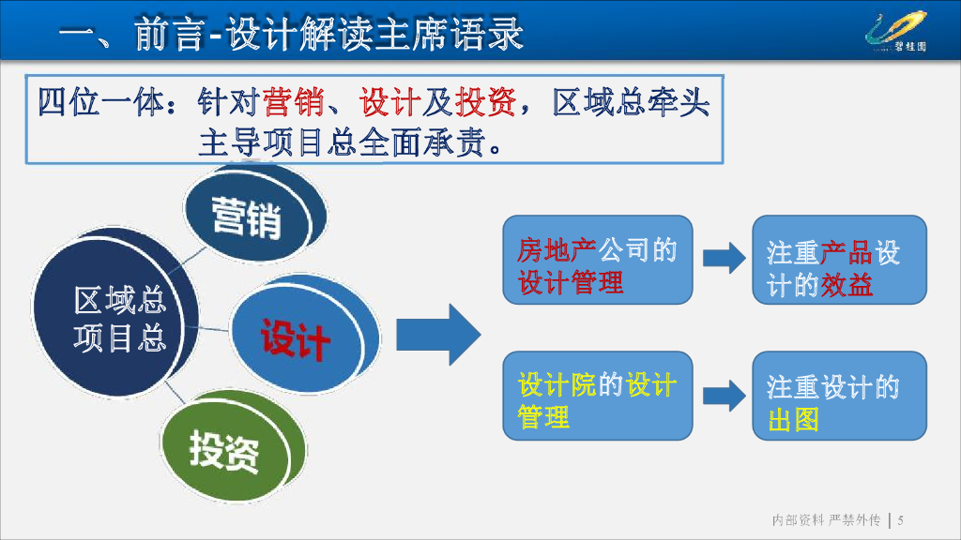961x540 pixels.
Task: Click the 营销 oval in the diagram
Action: (x=247, y=217)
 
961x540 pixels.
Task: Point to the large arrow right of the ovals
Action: (x=437, y=335)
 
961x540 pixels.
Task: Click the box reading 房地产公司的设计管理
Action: (x=597, y=260)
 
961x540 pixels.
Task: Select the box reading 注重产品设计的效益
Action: (x=839, y=260)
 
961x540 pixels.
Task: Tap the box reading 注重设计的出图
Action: (x=839, y=396)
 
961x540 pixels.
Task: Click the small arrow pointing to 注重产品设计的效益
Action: (x=724, y=258)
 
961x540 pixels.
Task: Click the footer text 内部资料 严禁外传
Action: (x=825, y=519)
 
